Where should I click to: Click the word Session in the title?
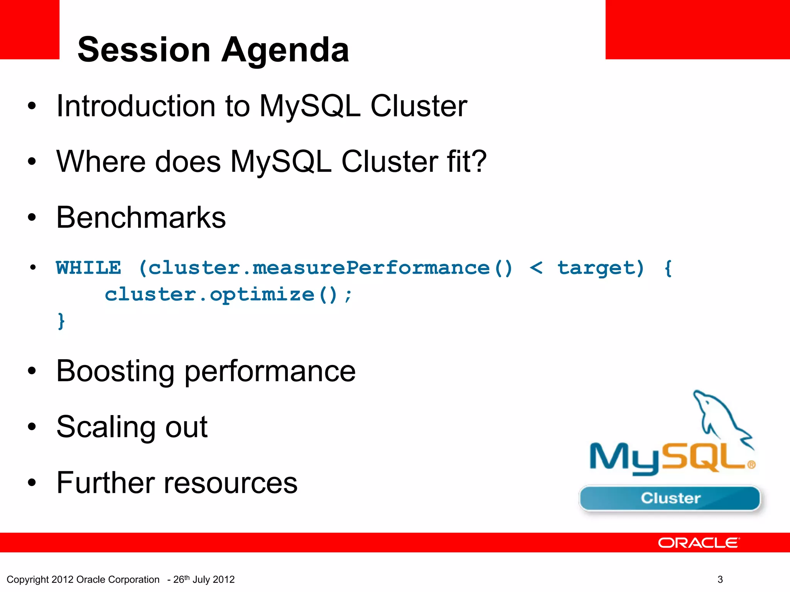point(144,50)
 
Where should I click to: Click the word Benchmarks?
point(141,218)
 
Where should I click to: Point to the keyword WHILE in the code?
point(88,267)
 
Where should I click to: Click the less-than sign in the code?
point(536,267)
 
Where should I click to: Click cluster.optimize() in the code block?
point(228,295)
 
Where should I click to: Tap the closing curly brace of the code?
point(61,321)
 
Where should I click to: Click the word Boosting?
point(115,371)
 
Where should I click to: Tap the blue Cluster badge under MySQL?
point(670,498)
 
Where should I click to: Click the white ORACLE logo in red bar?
point(699,543)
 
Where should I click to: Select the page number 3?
point(720,579)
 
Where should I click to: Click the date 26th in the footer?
point(181,579)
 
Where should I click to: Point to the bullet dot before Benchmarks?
point(32,218)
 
